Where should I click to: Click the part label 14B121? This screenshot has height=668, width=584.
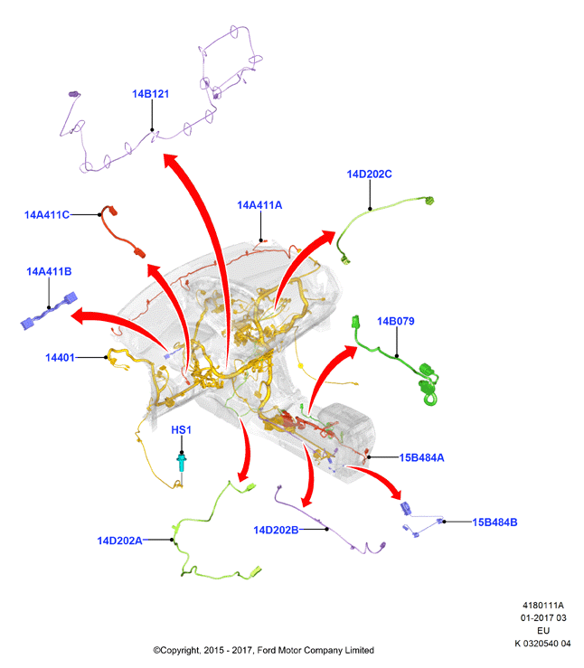[150, 94]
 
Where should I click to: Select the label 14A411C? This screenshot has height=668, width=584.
[47, 215]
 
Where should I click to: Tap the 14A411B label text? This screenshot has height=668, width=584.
[49, 271]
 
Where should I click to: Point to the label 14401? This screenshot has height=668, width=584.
[60, 357]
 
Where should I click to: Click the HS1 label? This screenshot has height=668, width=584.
[181, 430]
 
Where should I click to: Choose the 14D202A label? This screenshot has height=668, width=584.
[119, 541]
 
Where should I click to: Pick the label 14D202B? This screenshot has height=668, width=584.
[276, 530]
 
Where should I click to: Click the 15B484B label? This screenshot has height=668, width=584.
[495, 522]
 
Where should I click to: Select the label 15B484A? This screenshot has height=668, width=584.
[421, 457]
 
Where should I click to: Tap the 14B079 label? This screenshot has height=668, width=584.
[396, 321]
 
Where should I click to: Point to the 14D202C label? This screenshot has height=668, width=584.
[370, 174]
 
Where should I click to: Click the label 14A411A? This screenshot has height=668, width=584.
[259, 205]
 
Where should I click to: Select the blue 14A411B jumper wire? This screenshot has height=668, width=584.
[49, 311]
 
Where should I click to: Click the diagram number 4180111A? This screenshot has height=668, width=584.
[543, 605]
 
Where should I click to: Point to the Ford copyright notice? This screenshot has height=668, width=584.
[264, 650]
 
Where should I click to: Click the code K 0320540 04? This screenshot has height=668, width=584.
[542, 644]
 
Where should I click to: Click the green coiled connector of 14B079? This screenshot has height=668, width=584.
[429, 385]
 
